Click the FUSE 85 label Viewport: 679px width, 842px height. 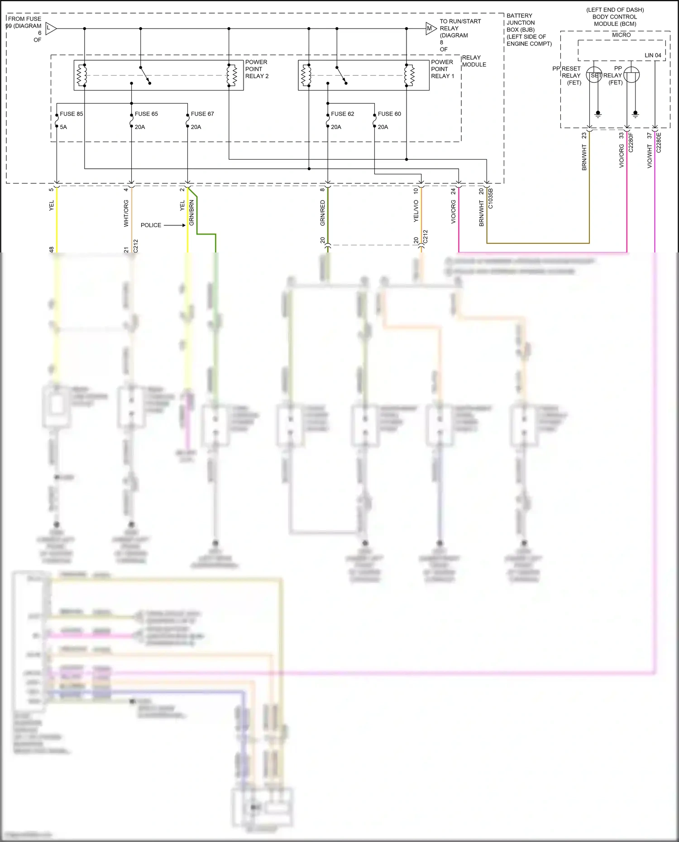[x=71, y=114]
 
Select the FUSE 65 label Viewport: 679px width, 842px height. [x=146, y=114]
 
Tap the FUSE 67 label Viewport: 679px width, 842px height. [x=202, y=114]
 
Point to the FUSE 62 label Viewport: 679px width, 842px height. [x=342, y=114]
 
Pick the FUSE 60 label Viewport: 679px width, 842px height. [x=389, y=114]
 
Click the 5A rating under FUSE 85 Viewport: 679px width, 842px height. [x=63, y=127]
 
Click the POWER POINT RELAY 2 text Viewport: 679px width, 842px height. [x=257, y=69]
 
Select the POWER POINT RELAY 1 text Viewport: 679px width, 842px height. [x=442, y=69]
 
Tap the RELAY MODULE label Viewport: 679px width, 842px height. [x=474, y=61]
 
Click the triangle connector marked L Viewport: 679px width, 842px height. [x=50, y=29]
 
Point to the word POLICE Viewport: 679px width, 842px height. [x=151, y=225]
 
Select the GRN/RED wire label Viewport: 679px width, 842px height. [x=323, y=213]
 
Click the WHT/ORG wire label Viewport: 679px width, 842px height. [x=126, y=213]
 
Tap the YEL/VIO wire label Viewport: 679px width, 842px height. [x=416, y=211]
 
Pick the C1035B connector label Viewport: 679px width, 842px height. [x=491, y=198]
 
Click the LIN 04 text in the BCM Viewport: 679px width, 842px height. [x=653, y=55]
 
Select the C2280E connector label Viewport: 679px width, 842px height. [x=659, y=143]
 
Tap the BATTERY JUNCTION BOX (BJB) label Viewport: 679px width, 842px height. [x=529, y=29]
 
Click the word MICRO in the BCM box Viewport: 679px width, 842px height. [x=621, y=35]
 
